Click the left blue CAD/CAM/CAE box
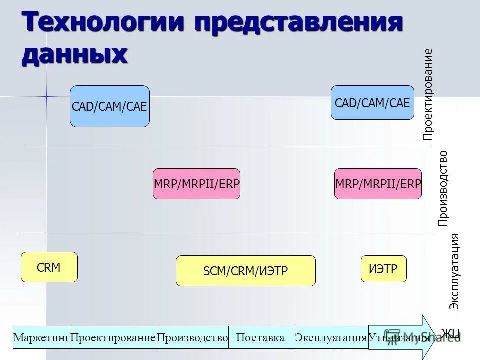click(x=110, y=106)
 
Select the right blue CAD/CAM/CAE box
click(x=372, y=103)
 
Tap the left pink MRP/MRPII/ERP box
click(x=196, y=184)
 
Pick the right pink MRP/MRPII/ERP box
click(x=378, y=184)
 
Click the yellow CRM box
click(x=49, y=267)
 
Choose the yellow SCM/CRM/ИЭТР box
click(x=246, y=271)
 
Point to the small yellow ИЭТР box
click(x=383, y=268)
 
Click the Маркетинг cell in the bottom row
click(x=41, y=337)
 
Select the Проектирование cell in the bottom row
click(x=113, y=337)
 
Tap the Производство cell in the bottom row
click(x=193, y=337)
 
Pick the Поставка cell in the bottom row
click(x=260, y=337)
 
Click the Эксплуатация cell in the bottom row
click(x=331, y=337)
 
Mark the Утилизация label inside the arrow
click(x=399, y=337)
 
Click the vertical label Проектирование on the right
click(x=427, y=94)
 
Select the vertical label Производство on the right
click(x=442, y=189)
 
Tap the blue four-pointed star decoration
click(x=46, y=95)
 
